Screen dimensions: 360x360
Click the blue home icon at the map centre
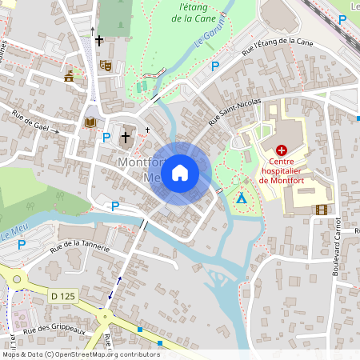click(x=180, y=173)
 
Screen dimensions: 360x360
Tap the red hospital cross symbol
click(x=282, y=150)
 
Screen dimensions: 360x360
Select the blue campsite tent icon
click(x=241, y=197)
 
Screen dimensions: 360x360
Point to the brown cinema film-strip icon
click(x=322, y=210)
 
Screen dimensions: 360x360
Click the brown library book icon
click(x=90, y=122)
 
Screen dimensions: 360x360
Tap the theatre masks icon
click(x=106, y=65)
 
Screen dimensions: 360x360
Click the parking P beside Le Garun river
click(x=214, y=66)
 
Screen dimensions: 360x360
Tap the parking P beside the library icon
click(x=106, y=137)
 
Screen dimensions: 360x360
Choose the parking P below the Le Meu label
click(x=22, y=244)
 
